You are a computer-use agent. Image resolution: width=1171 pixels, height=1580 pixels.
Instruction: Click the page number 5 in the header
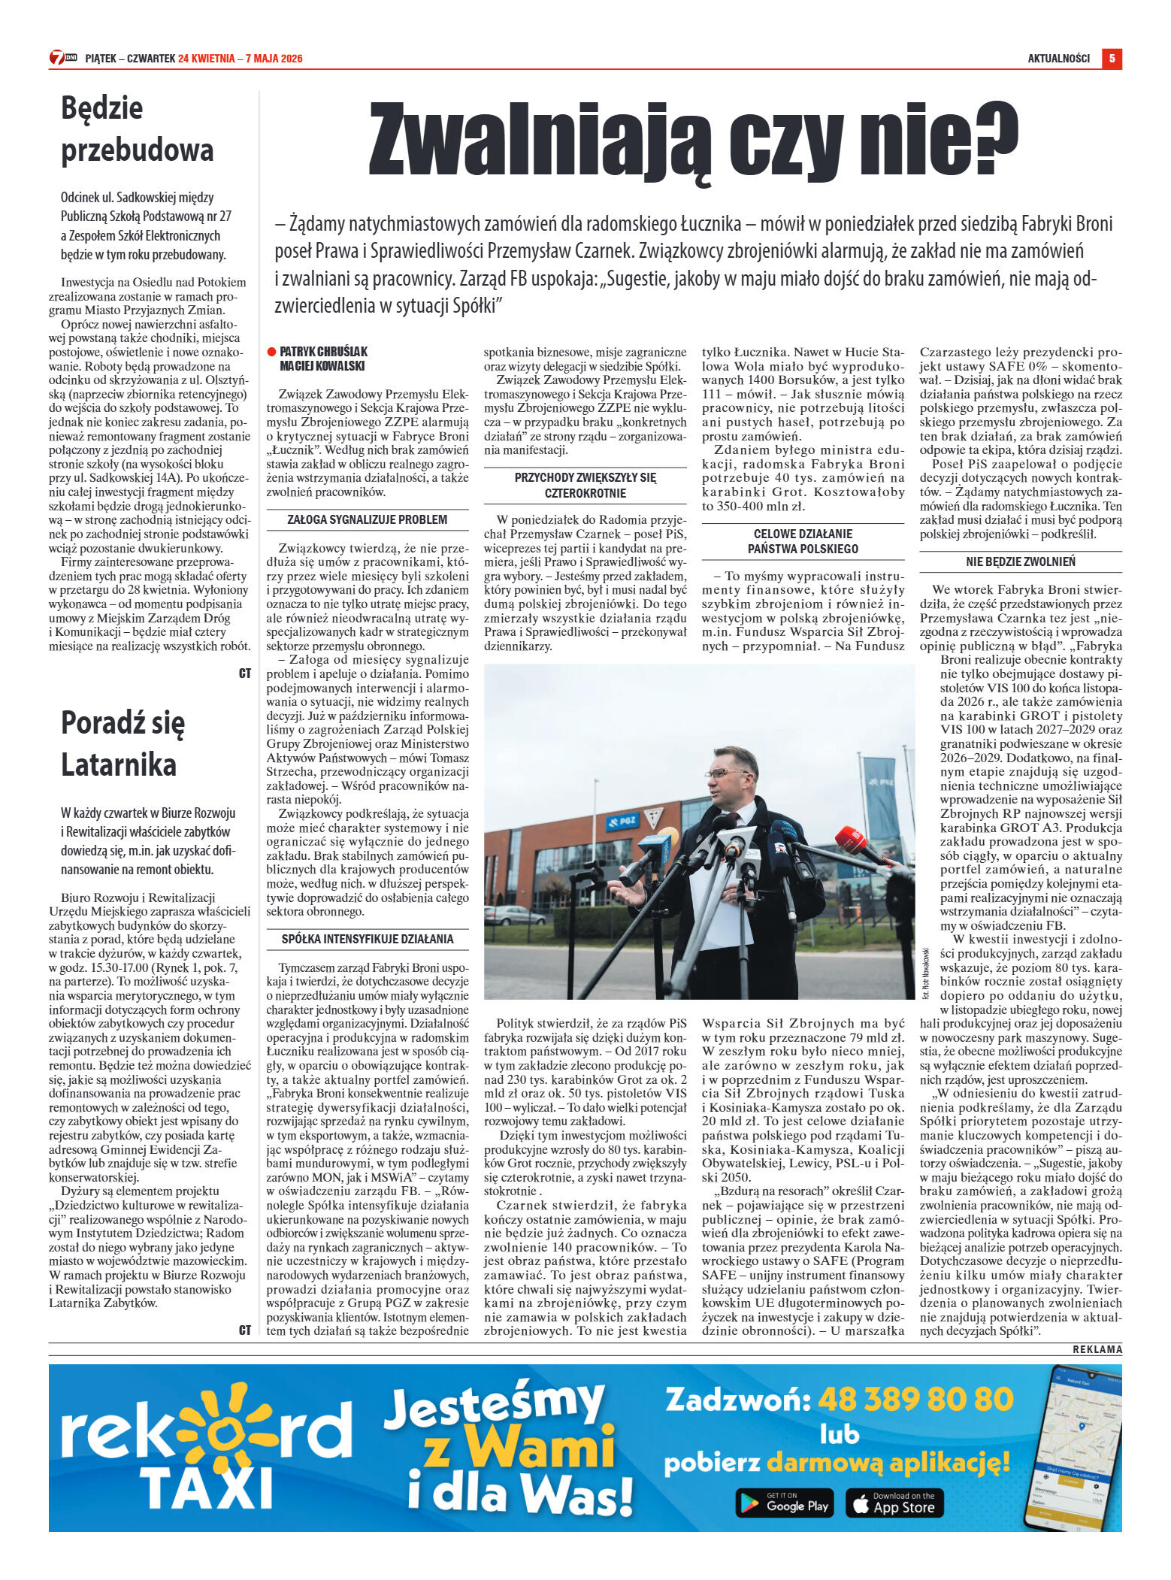1112,58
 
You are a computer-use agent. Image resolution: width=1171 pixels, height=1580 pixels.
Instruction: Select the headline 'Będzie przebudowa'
138,129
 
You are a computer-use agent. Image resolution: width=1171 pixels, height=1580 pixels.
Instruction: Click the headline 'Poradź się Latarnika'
122,743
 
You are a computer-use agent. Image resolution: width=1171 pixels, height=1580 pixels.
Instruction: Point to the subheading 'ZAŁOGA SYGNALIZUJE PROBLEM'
367,519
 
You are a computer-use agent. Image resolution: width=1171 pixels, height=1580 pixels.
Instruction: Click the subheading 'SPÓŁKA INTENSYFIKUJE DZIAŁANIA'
367,939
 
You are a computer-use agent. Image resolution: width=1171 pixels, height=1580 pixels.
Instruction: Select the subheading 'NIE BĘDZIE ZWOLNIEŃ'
1020,561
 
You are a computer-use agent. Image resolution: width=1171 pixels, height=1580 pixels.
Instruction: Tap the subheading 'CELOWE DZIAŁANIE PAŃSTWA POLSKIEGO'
803,541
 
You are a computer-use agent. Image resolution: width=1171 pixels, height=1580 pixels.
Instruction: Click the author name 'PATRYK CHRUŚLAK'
323,352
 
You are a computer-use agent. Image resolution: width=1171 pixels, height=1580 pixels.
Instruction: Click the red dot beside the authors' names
271,352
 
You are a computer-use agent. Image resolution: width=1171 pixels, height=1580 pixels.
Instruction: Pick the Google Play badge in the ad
784,1503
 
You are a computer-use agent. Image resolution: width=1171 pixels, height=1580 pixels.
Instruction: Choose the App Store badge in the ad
894,1503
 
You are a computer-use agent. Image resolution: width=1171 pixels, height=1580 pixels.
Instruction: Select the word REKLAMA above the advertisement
1097,1349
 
